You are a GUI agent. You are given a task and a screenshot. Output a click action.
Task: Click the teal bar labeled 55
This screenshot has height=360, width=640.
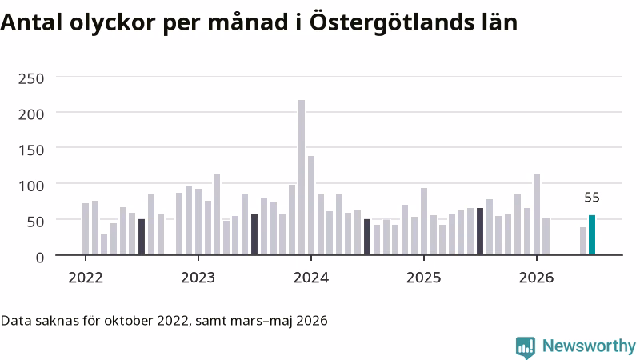pos(592,235)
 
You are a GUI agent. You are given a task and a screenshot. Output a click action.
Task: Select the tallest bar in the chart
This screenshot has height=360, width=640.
pos(302,178)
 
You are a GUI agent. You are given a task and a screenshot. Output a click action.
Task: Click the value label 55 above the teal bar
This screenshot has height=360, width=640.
pos(592,198)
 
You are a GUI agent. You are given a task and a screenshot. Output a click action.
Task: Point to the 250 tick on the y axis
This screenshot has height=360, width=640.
pos(31,78)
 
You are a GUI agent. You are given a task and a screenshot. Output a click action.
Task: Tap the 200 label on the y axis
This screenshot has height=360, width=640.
pos(31,114)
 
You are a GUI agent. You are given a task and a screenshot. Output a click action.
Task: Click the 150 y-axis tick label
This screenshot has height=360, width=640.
pos(31,150)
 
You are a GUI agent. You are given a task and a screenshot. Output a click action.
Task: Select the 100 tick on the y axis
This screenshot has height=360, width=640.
pos(31,186)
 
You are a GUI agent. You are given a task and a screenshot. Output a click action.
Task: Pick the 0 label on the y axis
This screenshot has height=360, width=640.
pos(39,258)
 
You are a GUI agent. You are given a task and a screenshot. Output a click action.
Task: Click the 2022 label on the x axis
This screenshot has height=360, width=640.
pos(86,278)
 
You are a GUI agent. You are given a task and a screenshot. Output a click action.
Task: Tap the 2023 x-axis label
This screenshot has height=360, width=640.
pos(198,278)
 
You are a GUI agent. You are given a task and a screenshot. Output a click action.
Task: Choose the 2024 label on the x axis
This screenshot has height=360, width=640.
pos(311,278)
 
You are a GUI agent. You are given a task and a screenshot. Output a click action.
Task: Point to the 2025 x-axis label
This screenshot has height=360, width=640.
pos(424,278)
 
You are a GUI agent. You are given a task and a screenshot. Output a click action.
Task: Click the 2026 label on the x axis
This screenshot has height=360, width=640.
pos(536,278)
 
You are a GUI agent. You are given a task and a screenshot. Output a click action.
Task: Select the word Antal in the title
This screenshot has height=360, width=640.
pos(31,22)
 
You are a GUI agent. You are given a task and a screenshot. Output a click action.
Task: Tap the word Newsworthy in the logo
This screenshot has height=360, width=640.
pos(589,346)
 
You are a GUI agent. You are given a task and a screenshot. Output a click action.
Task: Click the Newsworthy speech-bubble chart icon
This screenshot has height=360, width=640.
pos(526,347)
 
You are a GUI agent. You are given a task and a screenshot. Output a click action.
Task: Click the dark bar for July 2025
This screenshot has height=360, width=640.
pos(480,231)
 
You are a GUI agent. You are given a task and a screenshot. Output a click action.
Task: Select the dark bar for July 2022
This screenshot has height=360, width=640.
pos(142,237)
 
